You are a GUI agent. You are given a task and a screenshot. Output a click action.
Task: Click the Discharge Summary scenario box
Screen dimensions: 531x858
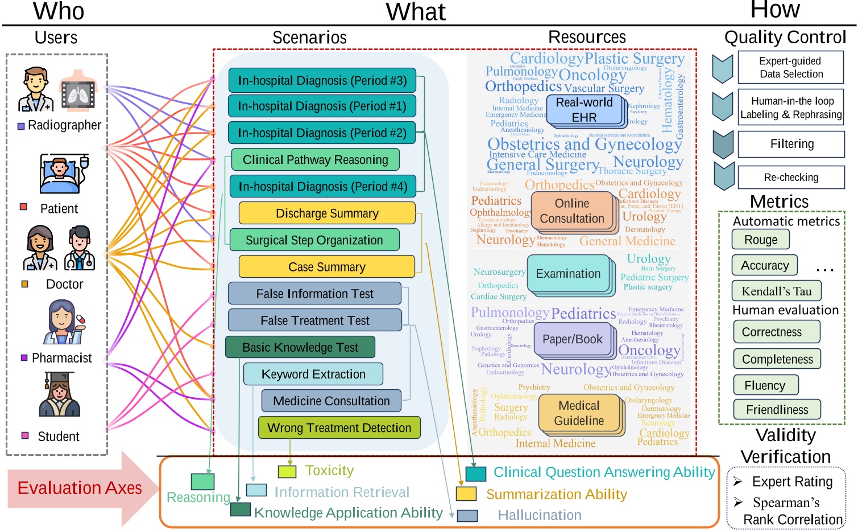click(x=327, y=213)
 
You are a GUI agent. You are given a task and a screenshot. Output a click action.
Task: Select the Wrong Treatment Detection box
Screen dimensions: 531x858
click(x=339, y=428)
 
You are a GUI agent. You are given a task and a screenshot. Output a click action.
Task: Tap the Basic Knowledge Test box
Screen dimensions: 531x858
click(x=300, y=347)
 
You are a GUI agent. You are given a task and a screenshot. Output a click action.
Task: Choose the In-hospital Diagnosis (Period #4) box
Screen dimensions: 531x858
click(x=322, y=187)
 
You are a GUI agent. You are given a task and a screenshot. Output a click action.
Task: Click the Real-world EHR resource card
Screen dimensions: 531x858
click(x=584, y=110)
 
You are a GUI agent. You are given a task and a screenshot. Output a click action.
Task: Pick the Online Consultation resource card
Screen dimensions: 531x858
click(x=571, y=211)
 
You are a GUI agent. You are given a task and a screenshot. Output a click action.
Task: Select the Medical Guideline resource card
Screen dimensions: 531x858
click(x=579, y=413)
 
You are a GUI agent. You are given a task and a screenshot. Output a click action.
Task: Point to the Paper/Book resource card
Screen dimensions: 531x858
click(x=571, y=339)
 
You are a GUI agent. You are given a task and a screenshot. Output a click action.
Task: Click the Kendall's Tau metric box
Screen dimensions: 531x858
click(x=776, y=291)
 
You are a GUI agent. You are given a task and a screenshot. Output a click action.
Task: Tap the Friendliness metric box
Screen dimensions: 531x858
click(x=777, y=410)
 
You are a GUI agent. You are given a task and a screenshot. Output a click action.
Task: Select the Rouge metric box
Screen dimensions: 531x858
click(x=760, y=240)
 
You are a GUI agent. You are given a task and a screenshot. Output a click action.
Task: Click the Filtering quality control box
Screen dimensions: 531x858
click(x=791, y=145)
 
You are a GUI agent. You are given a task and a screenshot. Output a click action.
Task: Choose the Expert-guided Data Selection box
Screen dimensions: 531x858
click(x=791, y=68)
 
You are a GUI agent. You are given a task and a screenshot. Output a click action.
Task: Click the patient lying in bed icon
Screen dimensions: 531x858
click(x=63, y=174)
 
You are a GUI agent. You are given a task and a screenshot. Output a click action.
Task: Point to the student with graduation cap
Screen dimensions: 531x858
click(x=59, y=395)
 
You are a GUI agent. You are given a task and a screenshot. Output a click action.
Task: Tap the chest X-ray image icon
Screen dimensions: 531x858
click(x=78, y=91)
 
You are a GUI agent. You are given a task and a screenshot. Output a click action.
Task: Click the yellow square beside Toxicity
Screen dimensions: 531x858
click(x=287, y=471)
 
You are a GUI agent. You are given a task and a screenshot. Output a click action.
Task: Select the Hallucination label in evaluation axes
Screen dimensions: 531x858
click(x=539, y=516)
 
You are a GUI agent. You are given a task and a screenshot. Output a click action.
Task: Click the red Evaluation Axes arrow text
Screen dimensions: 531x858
click(x=80, y=488)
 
